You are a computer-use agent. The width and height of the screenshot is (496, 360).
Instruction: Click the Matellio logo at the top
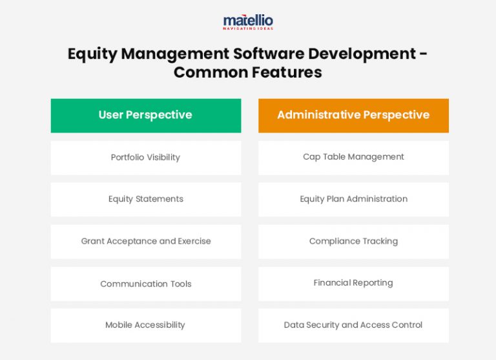(x=248, y=21)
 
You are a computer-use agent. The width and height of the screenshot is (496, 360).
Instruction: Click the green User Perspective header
(x=145, y=115)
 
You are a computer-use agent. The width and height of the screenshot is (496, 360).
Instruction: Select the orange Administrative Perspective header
(x=353, y=115)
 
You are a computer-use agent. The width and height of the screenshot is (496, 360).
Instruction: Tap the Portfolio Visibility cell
(x=145, y=157)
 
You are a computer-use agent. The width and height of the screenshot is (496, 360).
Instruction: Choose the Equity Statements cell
(x=145, y=199)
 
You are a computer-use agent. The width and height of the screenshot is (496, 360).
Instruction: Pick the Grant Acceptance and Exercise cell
(x=145, y=241)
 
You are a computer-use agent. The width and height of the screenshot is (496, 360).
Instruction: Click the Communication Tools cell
(x=145, y=284)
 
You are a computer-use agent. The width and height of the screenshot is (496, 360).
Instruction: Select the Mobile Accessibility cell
(x=145, y=325)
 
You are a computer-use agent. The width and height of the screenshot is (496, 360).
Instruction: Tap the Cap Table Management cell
(x=353, y=157)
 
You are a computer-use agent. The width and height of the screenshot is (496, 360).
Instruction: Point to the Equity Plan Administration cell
(x=353, y=199)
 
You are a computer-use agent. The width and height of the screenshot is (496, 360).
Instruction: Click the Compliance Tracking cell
(x=353, y=241)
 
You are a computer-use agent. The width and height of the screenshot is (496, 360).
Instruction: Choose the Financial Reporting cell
(x=353, y=283)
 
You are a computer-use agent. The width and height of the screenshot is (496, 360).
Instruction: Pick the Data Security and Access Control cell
(x=353, y=325)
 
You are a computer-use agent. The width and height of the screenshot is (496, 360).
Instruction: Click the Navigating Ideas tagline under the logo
(x=248, y=28)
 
